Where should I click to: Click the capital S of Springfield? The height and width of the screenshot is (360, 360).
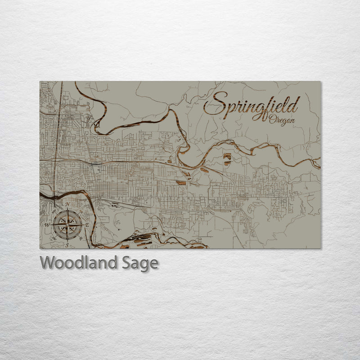(x=215, y=105)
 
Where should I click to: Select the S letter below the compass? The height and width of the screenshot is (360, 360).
(x=67, y=245)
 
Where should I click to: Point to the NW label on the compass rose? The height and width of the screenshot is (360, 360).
(x=54, y=211)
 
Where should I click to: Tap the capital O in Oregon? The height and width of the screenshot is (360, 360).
(x=272, y=119)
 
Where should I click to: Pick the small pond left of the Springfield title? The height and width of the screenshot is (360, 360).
(x=227, y=157)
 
